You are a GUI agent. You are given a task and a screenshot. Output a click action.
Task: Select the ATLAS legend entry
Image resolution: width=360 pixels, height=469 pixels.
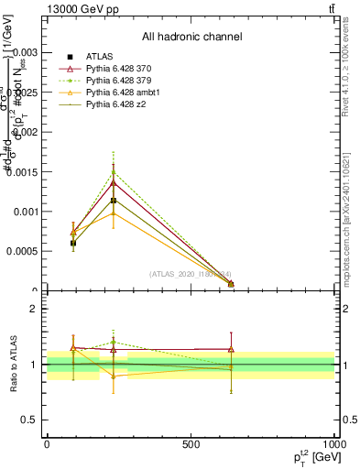pyautogui.click(x=101, y=57)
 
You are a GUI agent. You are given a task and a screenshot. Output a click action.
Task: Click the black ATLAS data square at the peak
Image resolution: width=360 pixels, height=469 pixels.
pyautogui.click(x=114, y=201)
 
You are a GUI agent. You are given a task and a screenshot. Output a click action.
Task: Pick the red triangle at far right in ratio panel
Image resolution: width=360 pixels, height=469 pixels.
pyautogui.click(x=231, y=349)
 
